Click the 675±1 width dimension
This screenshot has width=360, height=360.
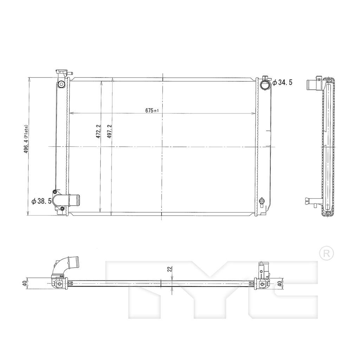(x=152, y=110)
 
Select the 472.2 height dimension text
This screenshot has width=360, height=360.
(x=98, y=131)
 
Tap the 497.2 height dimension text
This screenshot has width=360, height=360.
(x=109, y=131)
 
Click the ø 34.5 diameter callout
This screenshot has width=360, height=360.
(x=282, y=82)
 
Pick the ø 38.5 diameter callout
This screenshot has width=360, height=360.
(x=41, y=201)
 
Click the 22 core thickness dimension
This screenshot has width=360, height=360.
(x=170, y=269)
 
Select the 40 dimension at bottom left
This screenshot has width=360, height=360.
(x=25, y=284)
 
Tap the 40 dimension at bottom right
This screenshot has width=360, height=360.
(x=279, y=283)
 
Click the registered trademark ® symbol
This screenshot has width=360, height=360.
(x=327, y=253)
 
